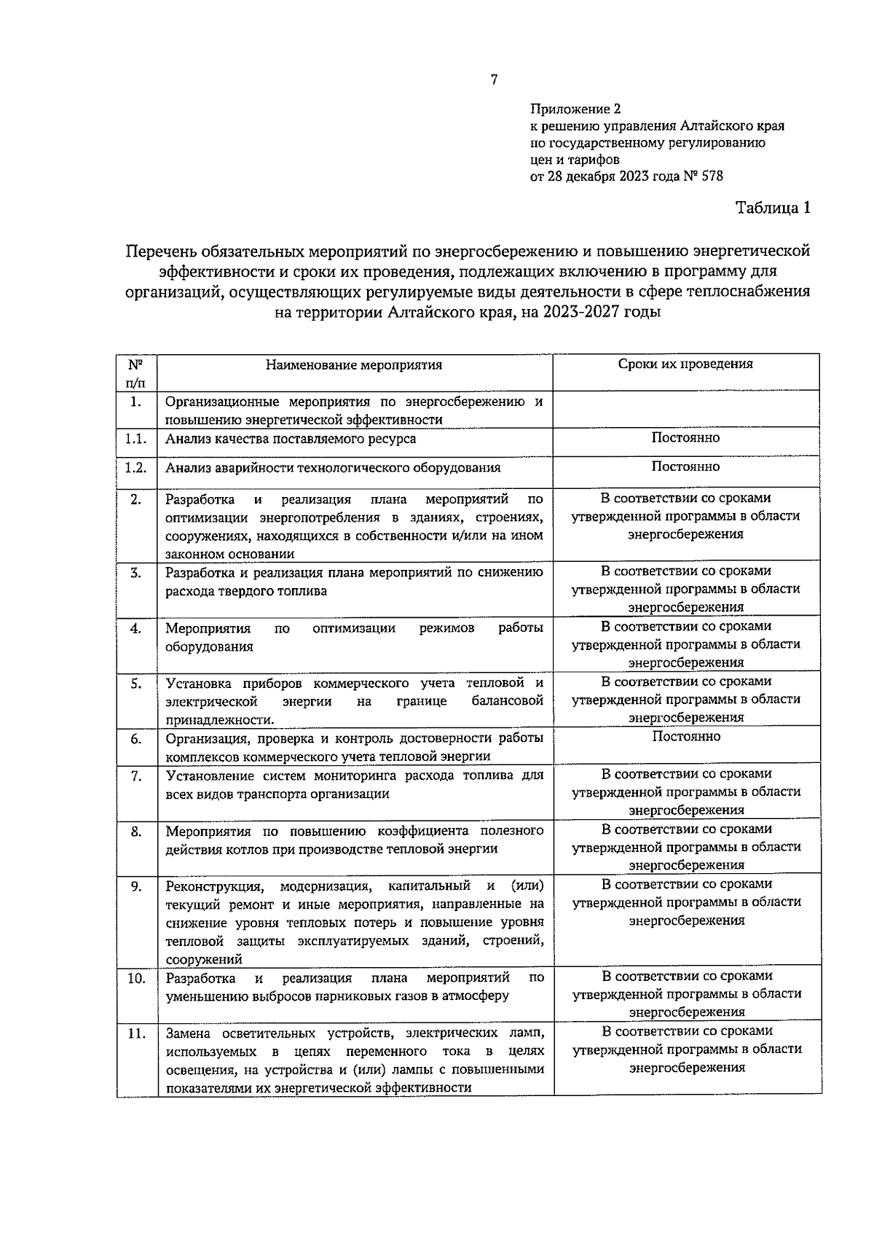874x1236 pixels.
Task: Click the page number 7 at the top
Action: (493, 80)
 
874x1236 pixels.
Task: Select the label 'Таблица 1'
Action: (773, 208)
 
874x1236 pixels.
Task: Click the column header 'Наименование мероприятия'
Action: (353, 365)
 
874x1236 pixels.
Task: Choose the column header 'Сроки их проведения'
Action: (685, 364)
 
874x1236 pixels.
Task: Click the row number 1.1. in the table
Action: (135, 439)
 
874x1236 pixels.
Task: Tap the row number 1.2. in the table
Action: (135, 467)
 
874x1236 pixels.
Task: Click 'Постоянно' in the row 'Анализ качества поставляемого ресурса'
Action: (685, 437)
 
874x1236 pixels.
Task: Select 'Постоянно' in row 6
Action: (685, 736)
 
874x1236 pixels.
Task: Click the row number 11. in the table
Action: (136, 1033)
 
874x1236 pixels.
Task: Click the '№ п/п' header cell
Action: (135, 372)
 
